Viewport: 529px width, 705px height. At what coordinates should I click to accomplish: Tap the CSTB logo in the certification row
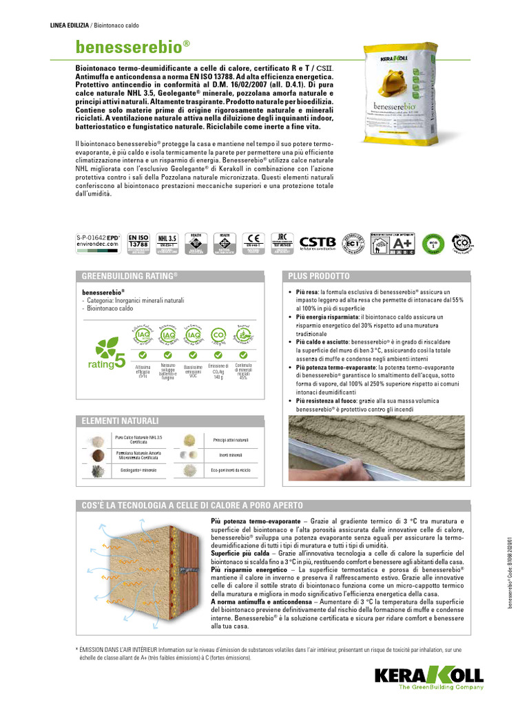318,243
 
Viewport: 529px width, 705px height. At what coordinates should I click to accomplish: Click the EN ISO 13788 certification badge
138,242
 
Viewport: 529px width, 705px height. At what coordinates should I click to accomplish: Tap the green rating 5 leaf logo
101,355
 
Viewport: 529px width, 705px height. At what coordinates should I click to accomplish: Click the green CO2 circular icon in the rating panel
218,335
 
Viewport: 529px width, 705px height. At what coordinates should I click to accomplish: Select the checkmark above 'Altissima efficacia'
143,355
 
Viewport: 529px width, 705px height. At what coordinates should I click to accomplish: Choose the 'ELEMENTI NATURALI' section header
121,420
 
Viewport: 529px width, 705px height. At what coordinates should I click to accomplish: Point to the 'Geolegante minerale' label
138,470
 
